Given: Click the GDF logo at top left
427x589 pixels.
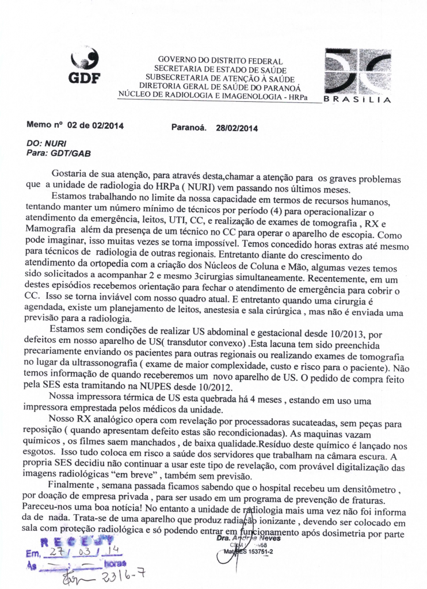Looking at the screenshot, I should (x=84, y=66).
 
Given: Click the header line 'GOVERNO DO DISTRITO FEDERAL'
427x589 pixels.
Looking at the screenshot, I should (x=220, y=61).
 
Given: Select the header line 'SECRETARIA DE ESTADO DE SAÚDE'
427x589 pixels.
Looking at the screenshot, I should (x=220, y=70).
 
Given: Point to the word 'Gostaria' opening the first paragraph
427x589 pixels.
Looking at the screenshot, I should (x=69, y=173).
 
